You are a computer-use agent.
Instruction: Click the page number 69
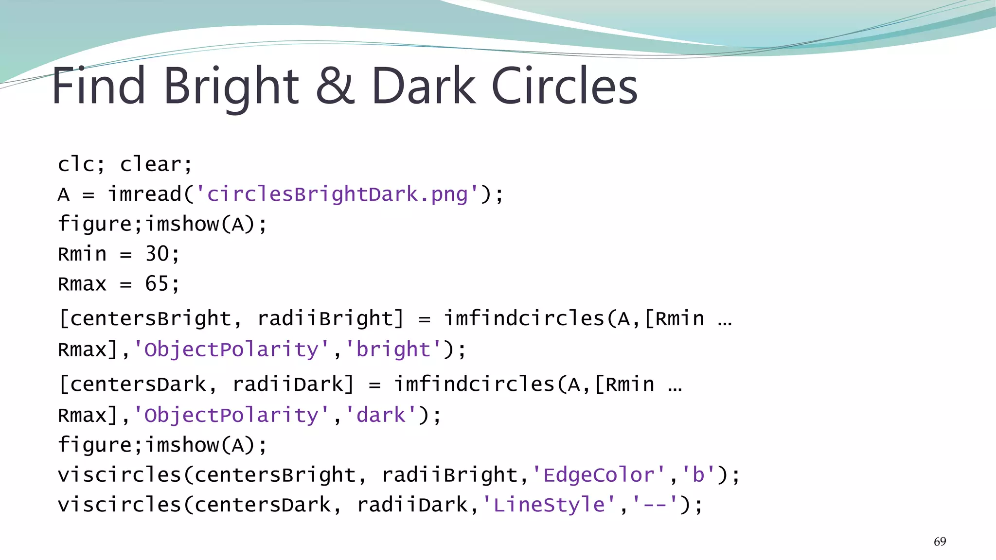click(940, 542)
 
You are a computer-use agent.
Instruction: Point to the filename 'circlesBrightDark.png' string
click(338, 194)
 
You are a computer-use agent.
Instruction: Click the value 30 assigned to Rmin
click(157, 254)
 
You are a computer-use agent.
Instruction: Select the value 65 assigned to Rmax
click(157, 284)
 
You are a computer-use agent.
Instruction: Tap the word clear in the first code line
click(151, 164)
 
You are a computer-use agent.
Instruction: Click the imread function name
click(144, 194)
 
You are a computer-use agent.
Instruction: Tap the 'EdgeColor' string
click(599, 475)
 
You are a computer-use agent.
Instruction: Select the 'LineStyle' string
click(549, 505)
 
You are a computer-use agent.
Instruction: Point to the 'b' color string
click(698, 475)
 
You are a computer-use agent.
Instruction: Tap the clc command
click(76, 164)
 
